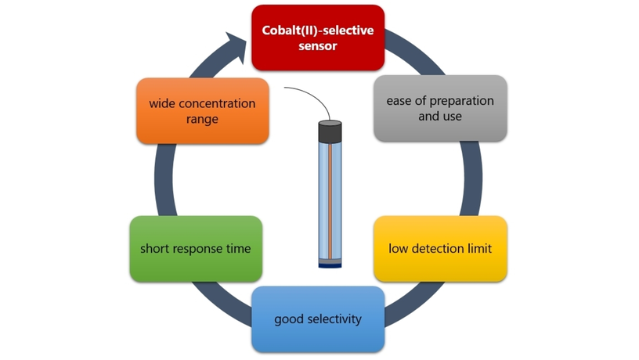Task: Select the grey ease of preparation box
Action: [439, 108]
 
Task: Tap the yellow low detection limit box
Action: [439, 249]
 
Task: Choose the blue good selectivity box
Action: [317, 319]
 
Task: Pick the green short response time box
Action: [195, 249]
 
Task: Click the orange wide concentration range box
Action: [202, 110]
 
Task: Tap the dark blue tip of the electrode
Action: [330, 264]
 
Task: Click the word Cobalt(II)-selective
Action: [317, 31]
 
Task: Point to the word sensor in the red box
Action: [317, 46]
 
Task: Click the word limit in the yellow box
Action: [479, 249]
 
